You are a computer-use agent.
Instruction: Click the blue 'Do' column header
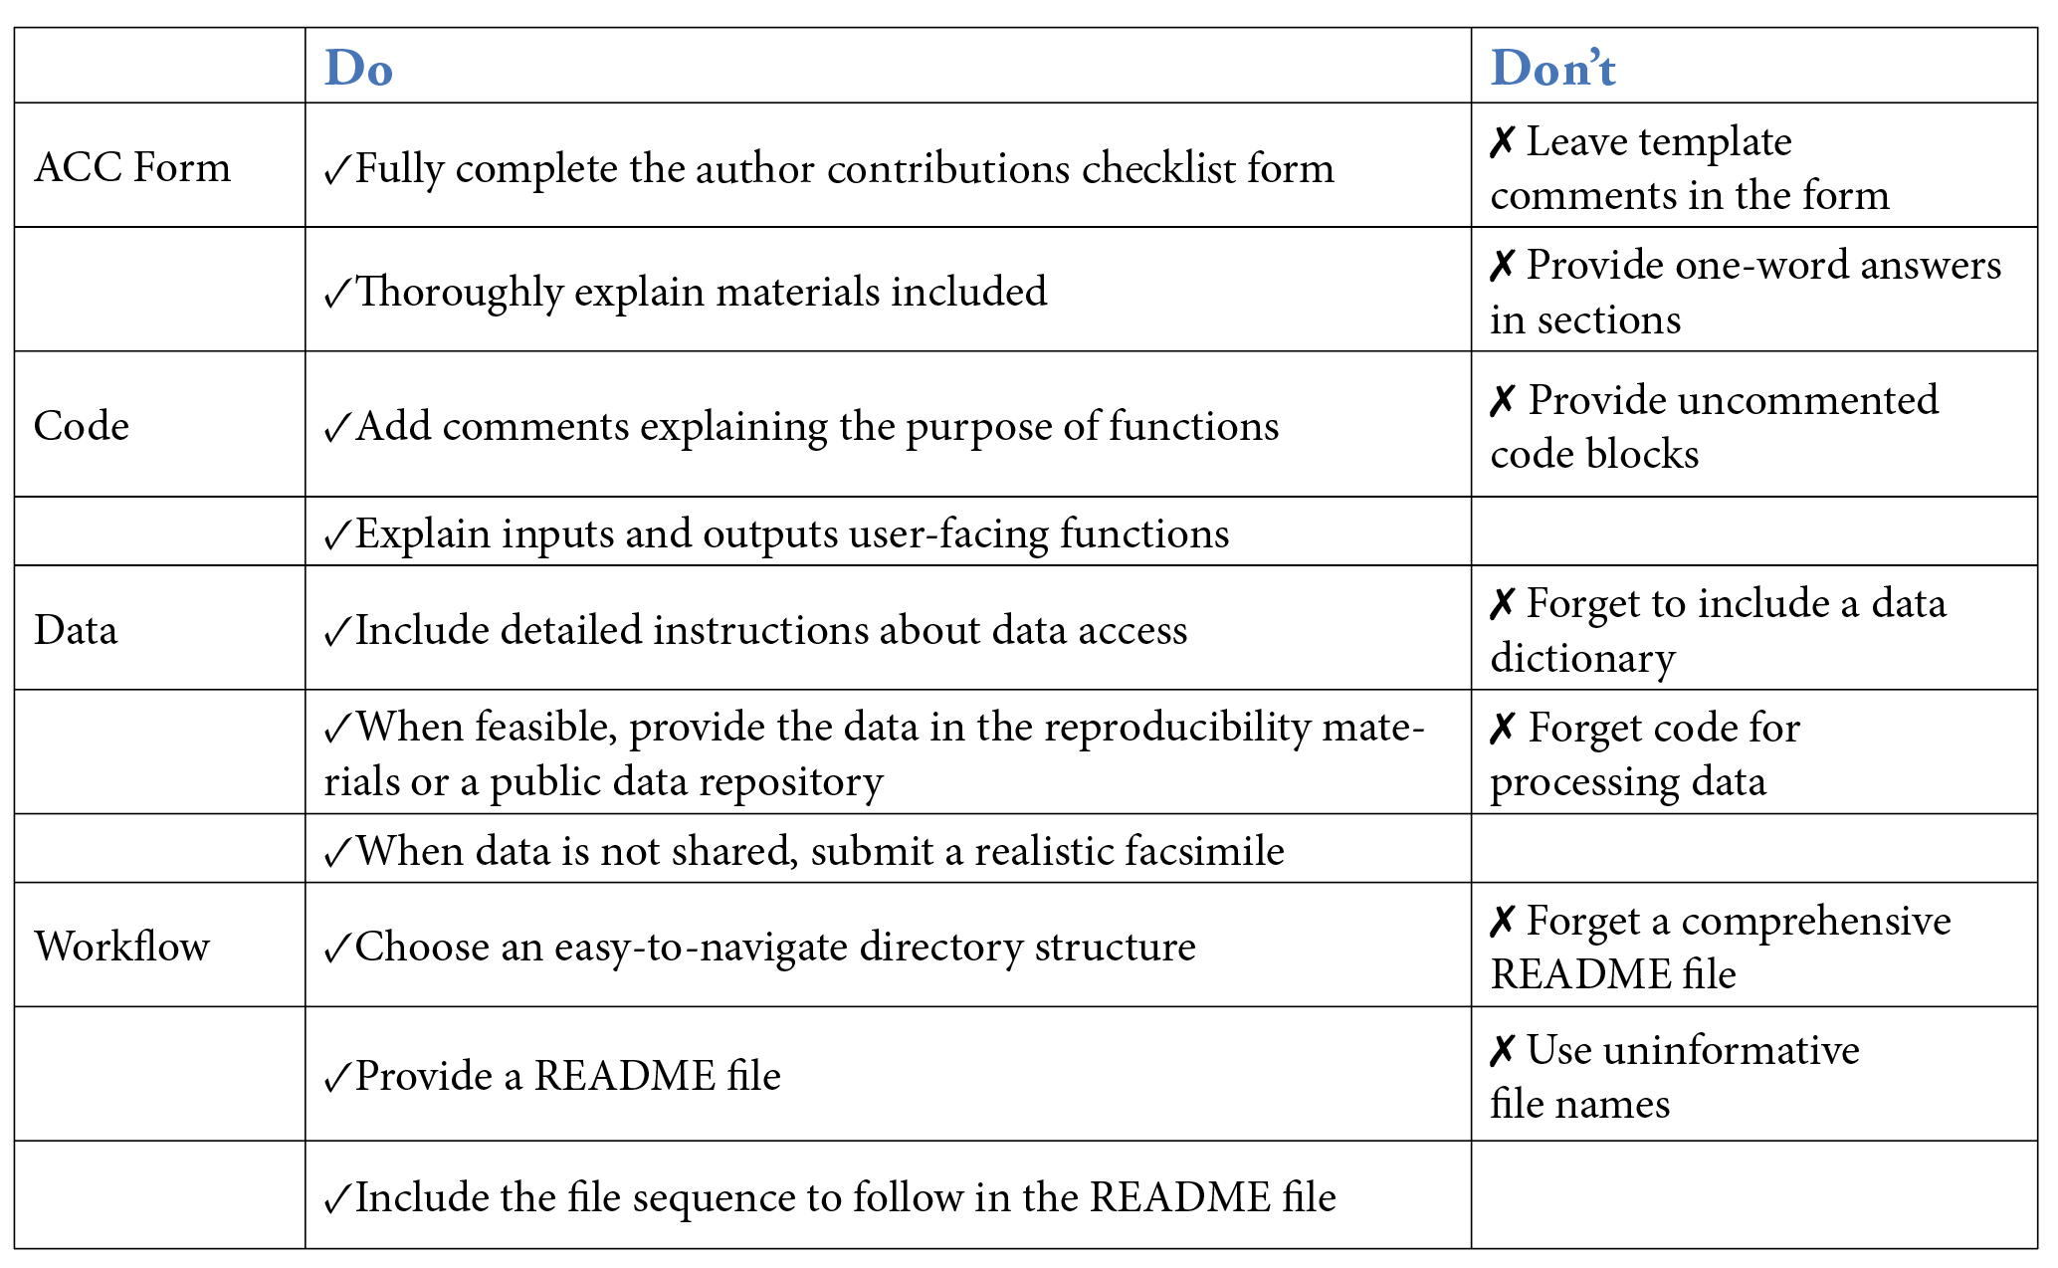coord(358,69)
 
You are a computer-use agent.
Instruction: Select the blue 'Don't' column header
coord(1552,69)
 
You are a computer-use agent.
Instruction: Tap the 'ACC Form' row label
coord(132,167)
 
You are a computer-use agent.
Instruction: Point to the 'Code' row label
coord(82,426)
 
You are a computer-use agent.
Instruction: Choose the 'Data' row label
coord(76,630)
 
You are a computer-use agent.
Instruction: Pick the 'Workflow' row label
coord(122,947)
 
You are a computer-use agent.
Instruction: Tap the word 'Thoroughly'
coord(459,292)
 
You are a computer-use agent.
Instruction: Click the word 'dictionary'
coord(1582,658)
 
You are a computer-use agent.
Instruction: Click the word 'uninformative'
coord(1693,1050)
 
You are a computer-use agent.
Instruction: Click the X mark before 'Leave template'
coord(1503,142)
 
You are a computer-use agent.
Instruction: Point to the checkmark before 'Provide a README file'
coord(338,1077)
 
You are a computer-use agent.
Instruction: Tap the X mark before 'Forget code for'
coord(1503,728)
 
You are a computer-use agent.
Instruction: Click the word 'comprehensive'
coord(1816,922)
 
